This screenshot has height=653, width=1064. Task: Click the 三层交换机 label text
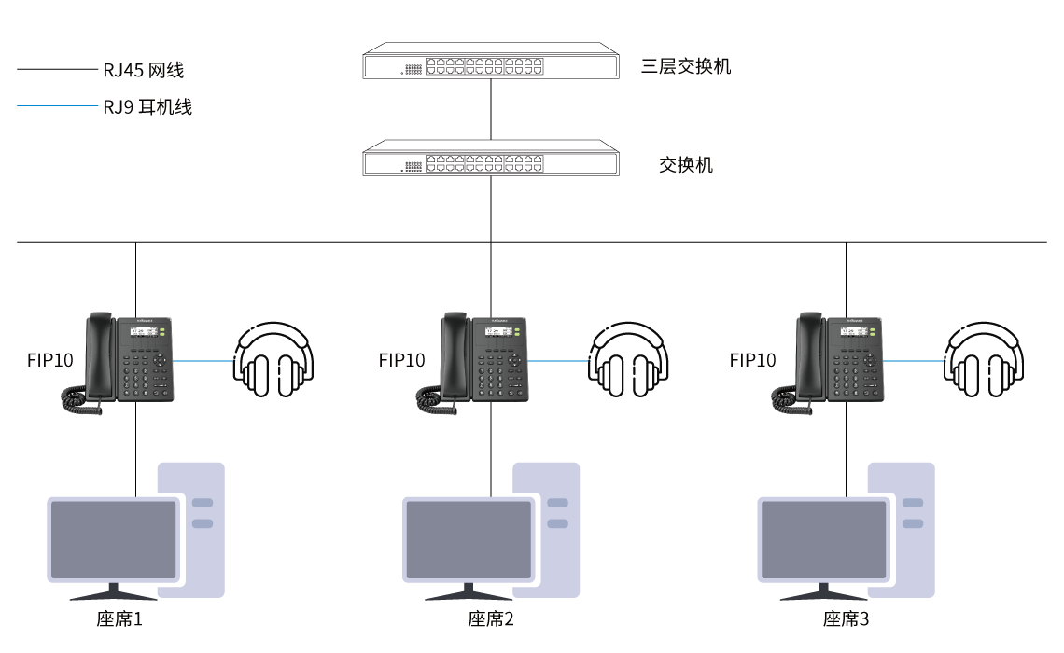(x=686, y=66)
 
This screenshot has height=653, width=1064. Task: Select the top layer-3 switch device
(x=491, y=62)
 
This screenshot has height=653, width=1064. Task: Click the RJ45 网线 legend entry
(x=145, y=70)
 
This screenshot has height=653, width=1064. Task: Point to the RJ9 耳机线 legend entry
(x=147, y=107)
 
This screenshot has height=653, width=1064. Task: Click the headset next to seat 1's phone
(x=273, y=361)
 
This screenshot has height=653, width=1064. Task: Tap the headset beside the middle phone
(x=628, y=361)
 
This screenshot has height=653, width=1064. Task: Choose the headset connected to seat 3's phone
(x=983, y=361)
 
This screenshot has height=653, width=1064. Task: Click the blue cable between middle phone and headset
(x=558, y=360)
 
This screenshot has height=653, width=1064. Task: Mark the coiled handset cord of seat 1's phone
(x=79, y=400)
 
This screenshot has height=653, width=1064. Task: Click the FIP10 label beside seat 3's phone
(x=753, y=360)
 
